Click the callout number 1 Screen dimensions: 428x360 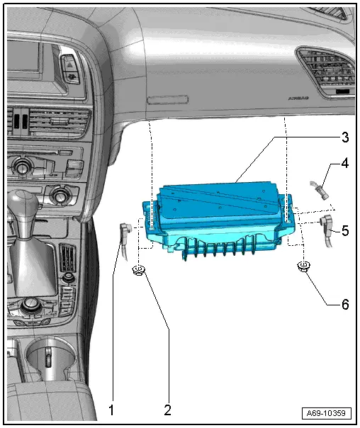point(111,409)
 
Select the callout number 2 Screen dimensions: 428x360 point(167,409)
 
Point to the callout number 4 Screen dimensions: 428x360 point(344,164)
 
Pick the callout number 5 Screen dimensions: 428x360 point(344,230)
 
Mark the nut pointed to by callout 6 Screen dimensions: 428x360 point(303,267)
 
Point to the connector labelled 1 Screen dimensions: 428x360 point(124,232)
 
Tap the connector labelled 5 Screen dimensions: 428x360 point(328,227)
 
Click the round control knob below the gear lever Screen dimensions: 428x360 point(32,307)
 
